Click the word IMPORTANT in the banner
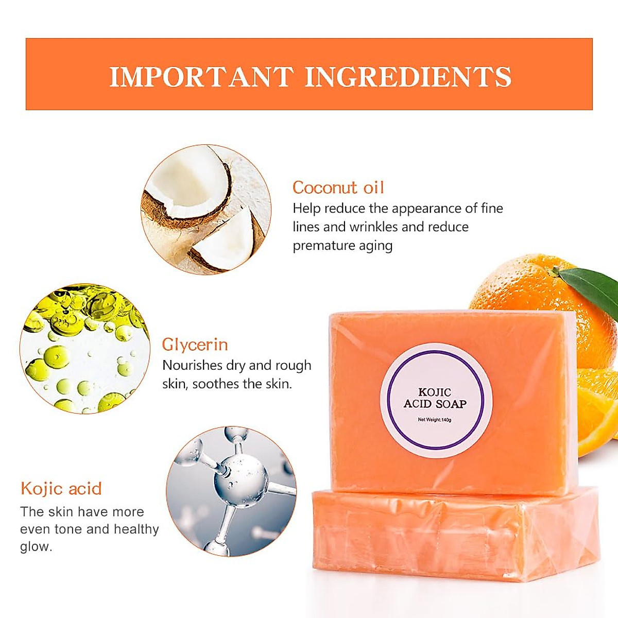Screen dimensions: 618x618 pos(201,77)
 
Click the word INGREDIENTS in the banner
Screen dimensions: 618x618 pos(408,77)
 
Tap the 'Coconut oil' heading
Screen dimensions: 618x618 pos(338,187)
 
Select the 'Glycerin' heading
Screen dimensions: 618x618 pos(195,345)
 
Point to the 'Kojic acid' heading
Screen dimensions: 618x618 pos(61,488)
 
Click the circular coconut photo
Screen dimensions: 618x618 pos(206,209)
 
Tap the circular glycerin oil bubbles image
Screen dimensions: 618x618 pos(84,348)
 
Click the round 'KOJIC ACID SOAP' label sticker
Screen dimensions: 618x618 pos(436,400)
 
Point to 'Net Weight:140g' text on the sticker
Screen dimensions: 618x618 pos(435,420)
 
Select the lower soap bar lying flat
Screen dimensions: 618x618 pos(455,536)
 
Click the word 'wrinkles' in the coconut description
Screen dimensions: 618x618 pos(373,227)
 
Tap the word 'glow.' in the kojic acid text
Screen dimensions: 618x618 pos(36,546)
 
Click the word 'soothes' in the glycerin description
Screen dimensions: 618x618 pos(215,384)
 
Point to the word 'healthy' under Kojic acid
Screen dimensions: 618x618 pos(136,529)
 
